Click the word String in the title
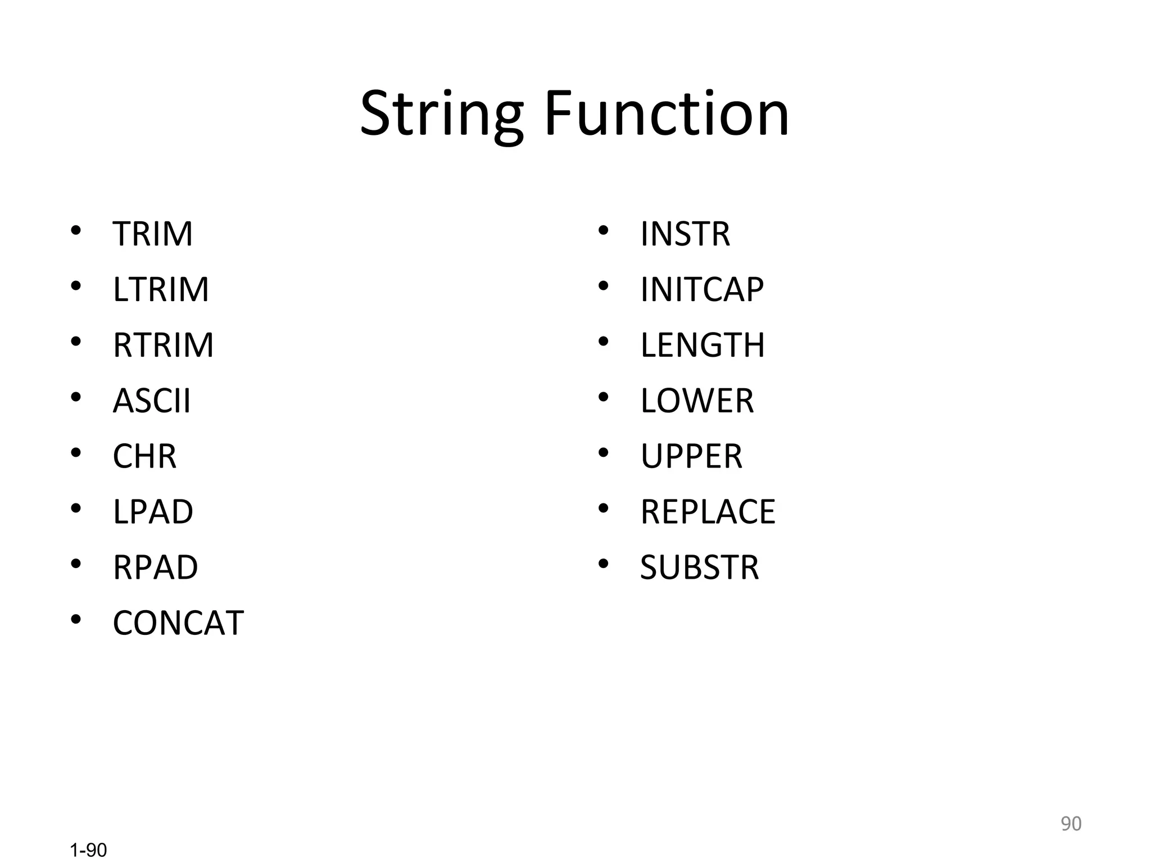(x=442, y=115)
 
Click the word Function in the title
(x=667, y=115)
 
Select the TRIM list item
(x=152, y=234)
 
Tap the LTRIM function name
(x=161, y=289)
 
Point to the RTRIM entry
(x=163, y=345)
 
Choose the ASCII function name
(x=152, y=401)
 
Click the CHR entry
(x=144, y=456)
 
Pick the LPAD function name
(x=153, y=512)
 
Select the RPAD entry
(x=155, y=567)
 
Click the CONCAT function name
(x=178, y=623)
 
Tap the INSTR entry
(x=685, y=234)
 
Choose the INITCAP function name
(x=702, y=289)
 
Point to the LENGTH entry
(x=703, y=345)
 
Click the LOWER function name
(x=697, y=401)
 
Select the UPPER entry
(x=691, y=456)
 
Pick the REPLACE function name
(x=708, y=512)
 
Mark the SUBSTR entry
(x=700, y=567)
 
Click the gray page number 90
(x=1071, y=824)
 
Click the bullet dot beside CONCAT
(x=76, y=620)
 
